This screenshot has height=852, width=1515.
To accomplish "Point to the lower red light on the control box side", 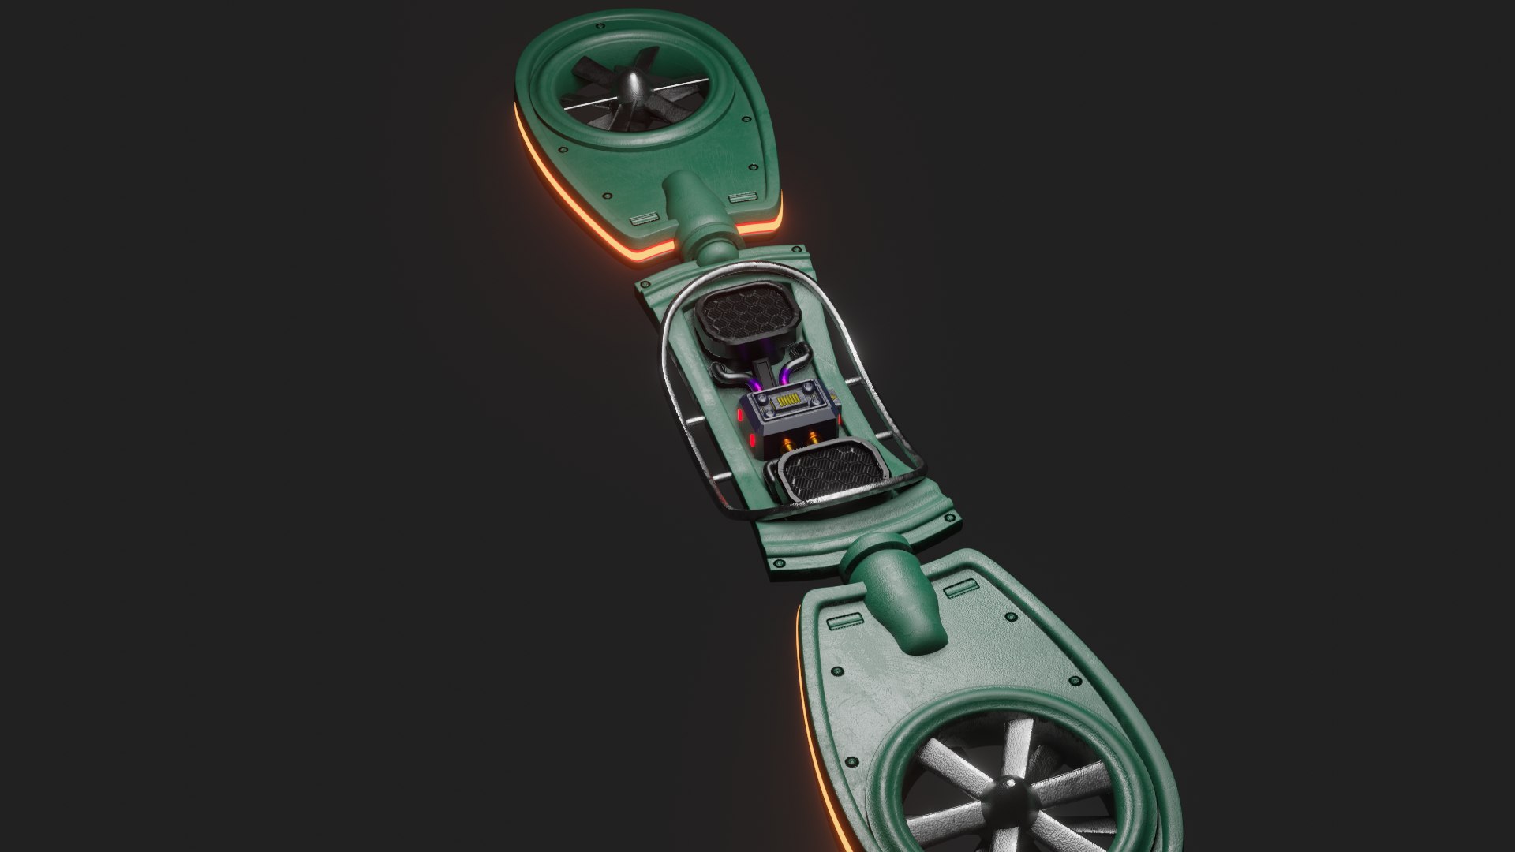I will click(753, 439).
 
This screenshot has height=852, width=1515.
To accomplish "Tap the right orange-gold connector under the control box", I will click(813, 435).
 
